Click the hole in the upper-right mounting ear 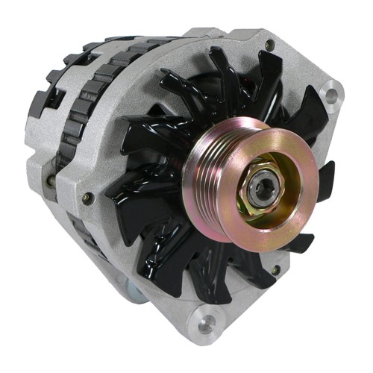click(x=328, y=95)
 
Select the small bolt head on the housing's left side click(x=88, y=198)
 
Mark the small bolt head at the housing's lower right click(x=276, y=269)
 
